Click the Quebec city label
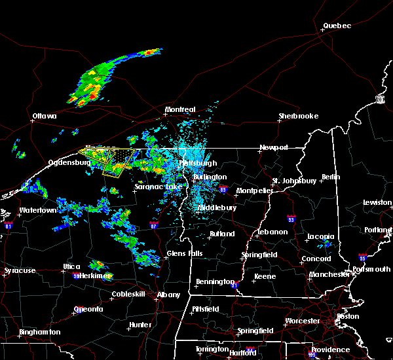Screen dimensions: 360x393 pyautogui.click(x=337, y=26)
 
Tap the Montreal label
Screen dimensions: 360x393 pyautogui.click(x=180, y=109)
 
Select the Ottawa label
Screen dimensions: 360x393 pyautogui.click(x=44, y=117)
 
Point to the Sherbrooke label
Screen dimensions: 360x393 pyautogui.click(x=298, y=116)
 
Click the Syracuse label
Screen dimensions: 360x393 pyautogui.click(x=20, y=270)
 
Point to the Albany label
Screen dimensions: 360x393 pyautogui.click(x=169, y=295)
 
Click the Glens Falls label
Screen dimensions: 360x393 pyautogui.click(x=185, y=253)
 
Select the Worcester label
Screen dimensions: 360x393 pyautogui.click(x=303, y=321)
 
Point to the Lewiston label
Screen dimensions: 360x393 pyautogui.click(x=377, y=203)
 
